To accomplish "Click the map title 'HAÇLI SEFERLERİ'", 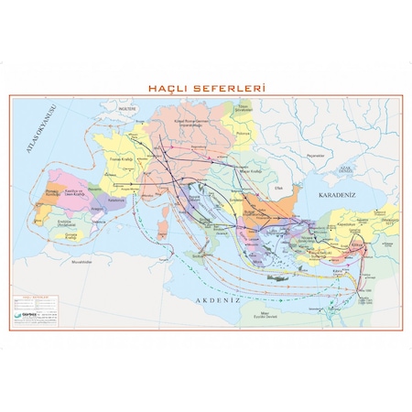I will coord(205,89).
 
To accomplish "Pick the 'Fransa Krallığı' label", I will coord(122,161).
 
